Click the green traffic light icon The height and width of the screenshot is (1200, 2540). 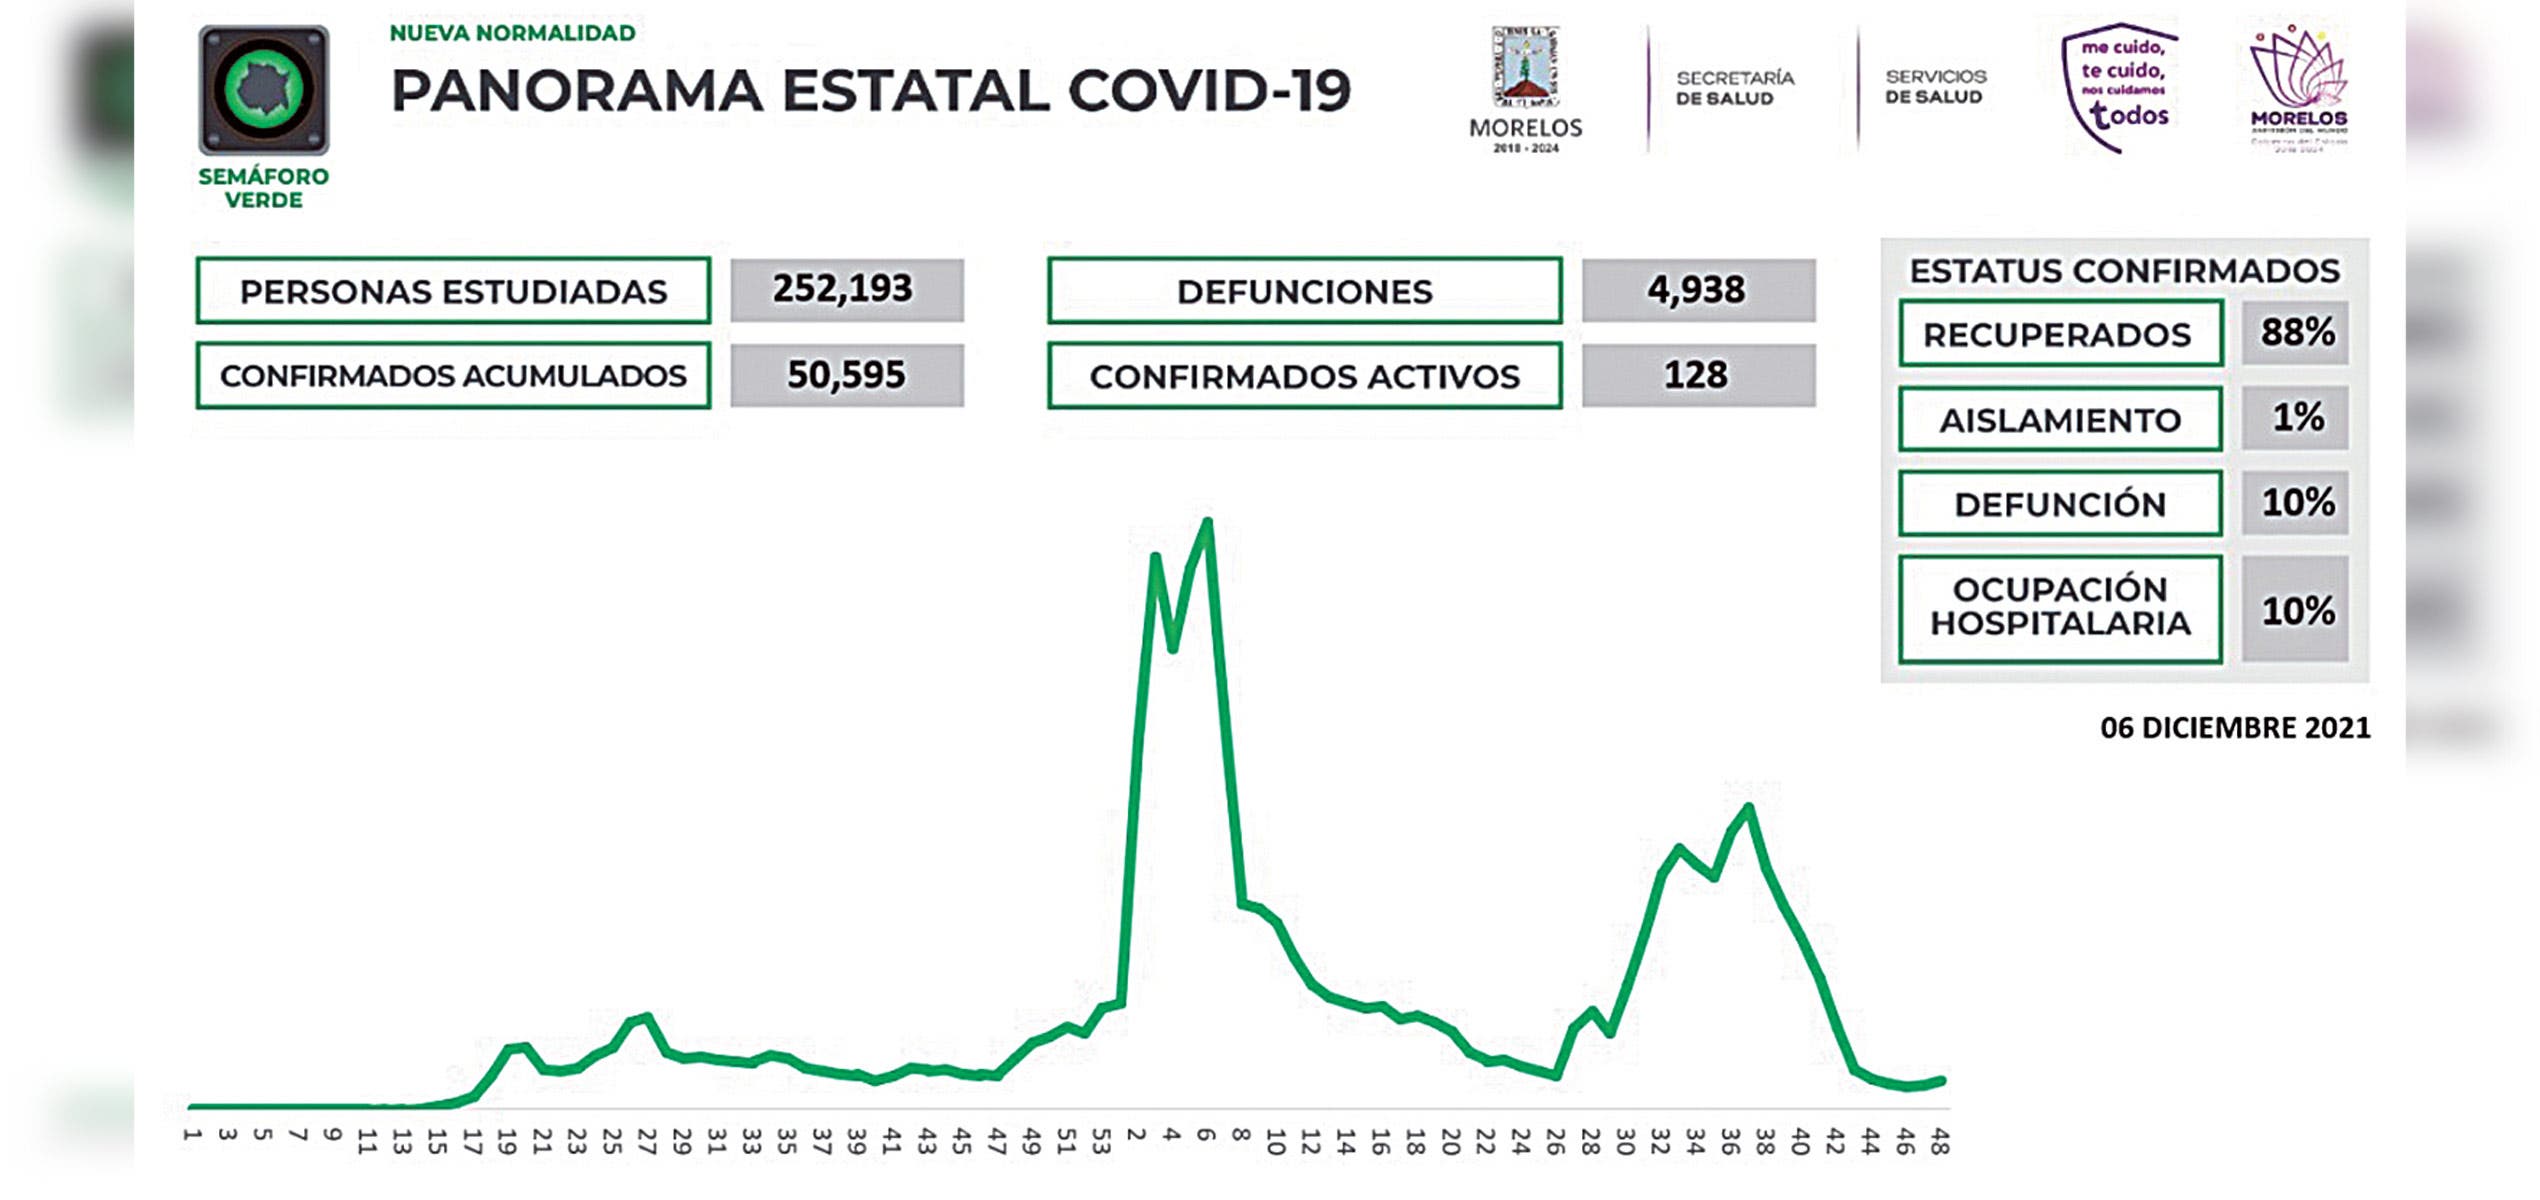click(x=264, y=89)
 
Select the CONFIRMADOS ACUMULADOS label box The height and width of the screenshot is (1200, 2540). click(x=453, y=376)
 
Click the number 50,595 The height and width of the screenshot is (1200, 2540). click(x=846, y=375)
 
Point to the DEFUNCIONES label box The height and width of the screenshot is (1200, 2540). click(x=1304, y=291)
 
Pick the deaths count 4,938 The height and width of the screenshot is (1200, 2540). click(x=1697, y=290)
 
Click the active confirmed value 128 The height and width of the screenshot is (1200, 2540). click(x=1697, y=375)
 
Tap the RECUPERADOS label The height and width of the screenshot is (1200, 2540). click(x=2059, y=334)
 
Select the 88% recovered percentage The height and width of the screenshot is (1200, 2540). click(x=2296, y=332)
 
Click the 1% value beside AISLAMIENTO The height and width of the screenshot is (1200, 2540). click(x=2296, y=418)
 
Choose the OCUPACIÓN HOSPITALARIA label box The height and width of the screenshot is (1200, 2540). click(x=2059, y=607)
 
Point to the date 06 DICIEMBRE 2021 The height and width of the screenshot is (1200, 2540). click(x=2234, y=728)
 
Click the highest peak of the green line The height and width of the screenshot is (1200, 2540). click(x=1208, y=522)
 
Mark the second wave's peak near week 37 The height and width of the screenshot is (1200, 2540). click(x=1748, y=807)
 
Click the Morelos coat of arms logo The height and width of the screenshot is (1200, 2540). click(x=1525, y=70)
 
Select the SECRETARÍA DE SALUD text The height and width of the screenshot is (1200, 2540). click(x=1734, y=88)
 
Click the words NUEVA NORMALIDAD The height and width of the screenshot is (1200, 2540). click(x=512, y=33)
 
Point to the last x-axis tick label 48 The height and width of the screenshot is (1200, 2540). click(x=1939, y=1142)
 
